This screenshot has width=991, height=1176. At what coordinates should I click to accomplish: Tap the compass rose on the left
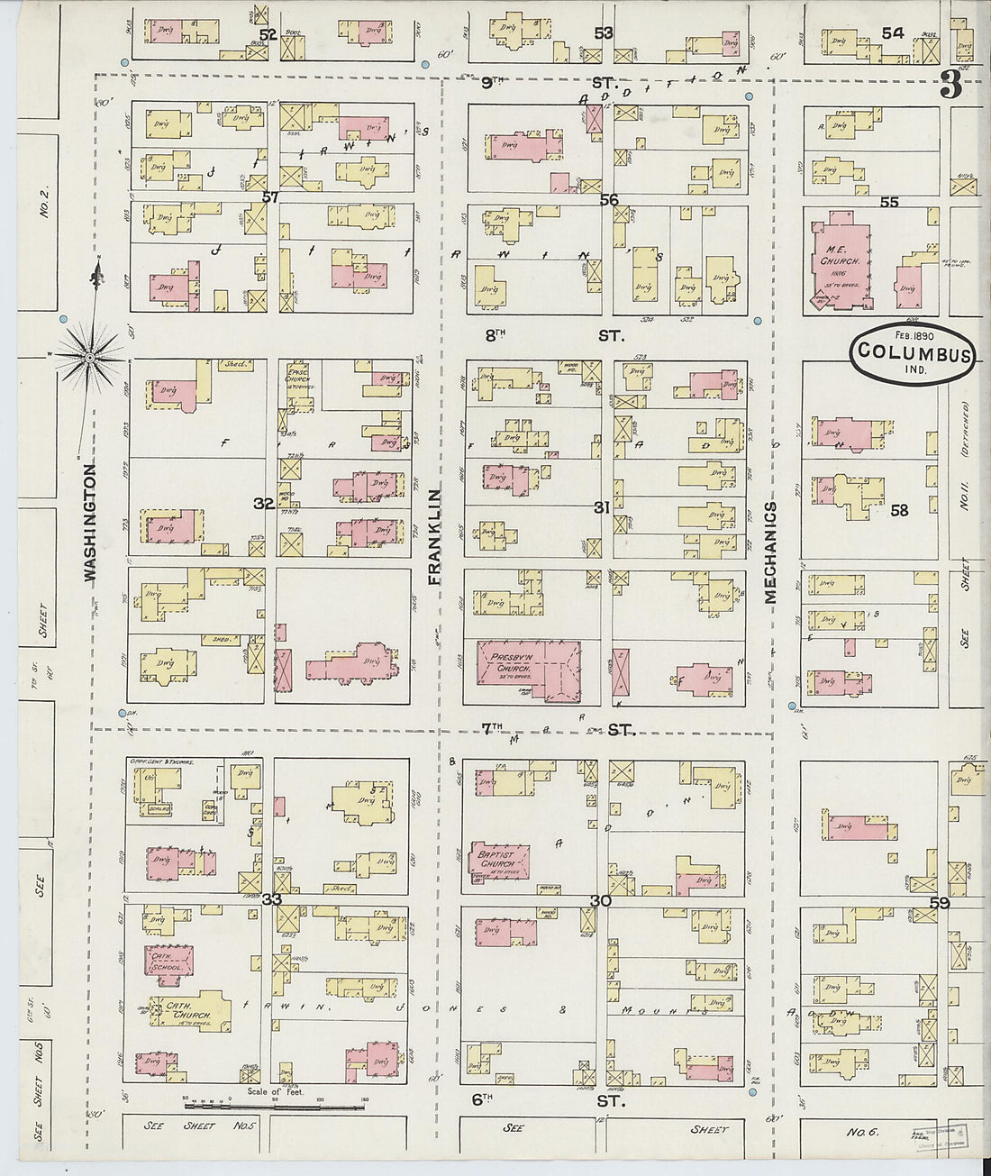point(90,358)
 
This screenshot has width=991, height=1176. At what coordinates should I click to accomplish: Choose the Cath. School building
point(168,961)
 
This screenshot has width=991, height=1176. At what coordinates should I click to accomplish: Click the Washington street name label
point(89,522)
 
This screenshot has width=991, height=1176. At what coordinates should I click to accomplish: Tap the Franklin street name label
point(434,537)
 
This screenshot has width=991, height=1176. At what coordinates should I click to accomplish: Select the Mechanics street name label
point(771,552)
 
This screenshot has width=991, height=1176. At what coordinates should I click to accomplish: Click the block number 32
point(263,504)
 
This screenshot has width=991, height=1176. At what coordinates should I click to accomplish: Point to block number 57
point(269,196)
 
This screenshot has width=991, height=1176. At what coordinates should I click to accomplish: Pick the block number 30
point(600,901)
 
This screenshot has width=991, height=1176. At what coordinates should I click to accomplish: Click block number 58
point(899,510)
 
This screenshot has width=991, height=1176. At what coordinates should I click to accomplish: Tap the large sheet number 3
point(950,86)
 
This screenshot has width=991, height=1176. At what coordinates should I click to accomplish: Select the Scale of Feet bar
point(275,1105)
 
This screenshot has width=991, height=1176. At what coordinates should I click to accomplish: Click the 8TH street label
point(495,335)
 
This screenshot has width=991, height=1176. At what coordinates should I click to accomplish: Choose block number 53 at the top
point(603,33)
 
